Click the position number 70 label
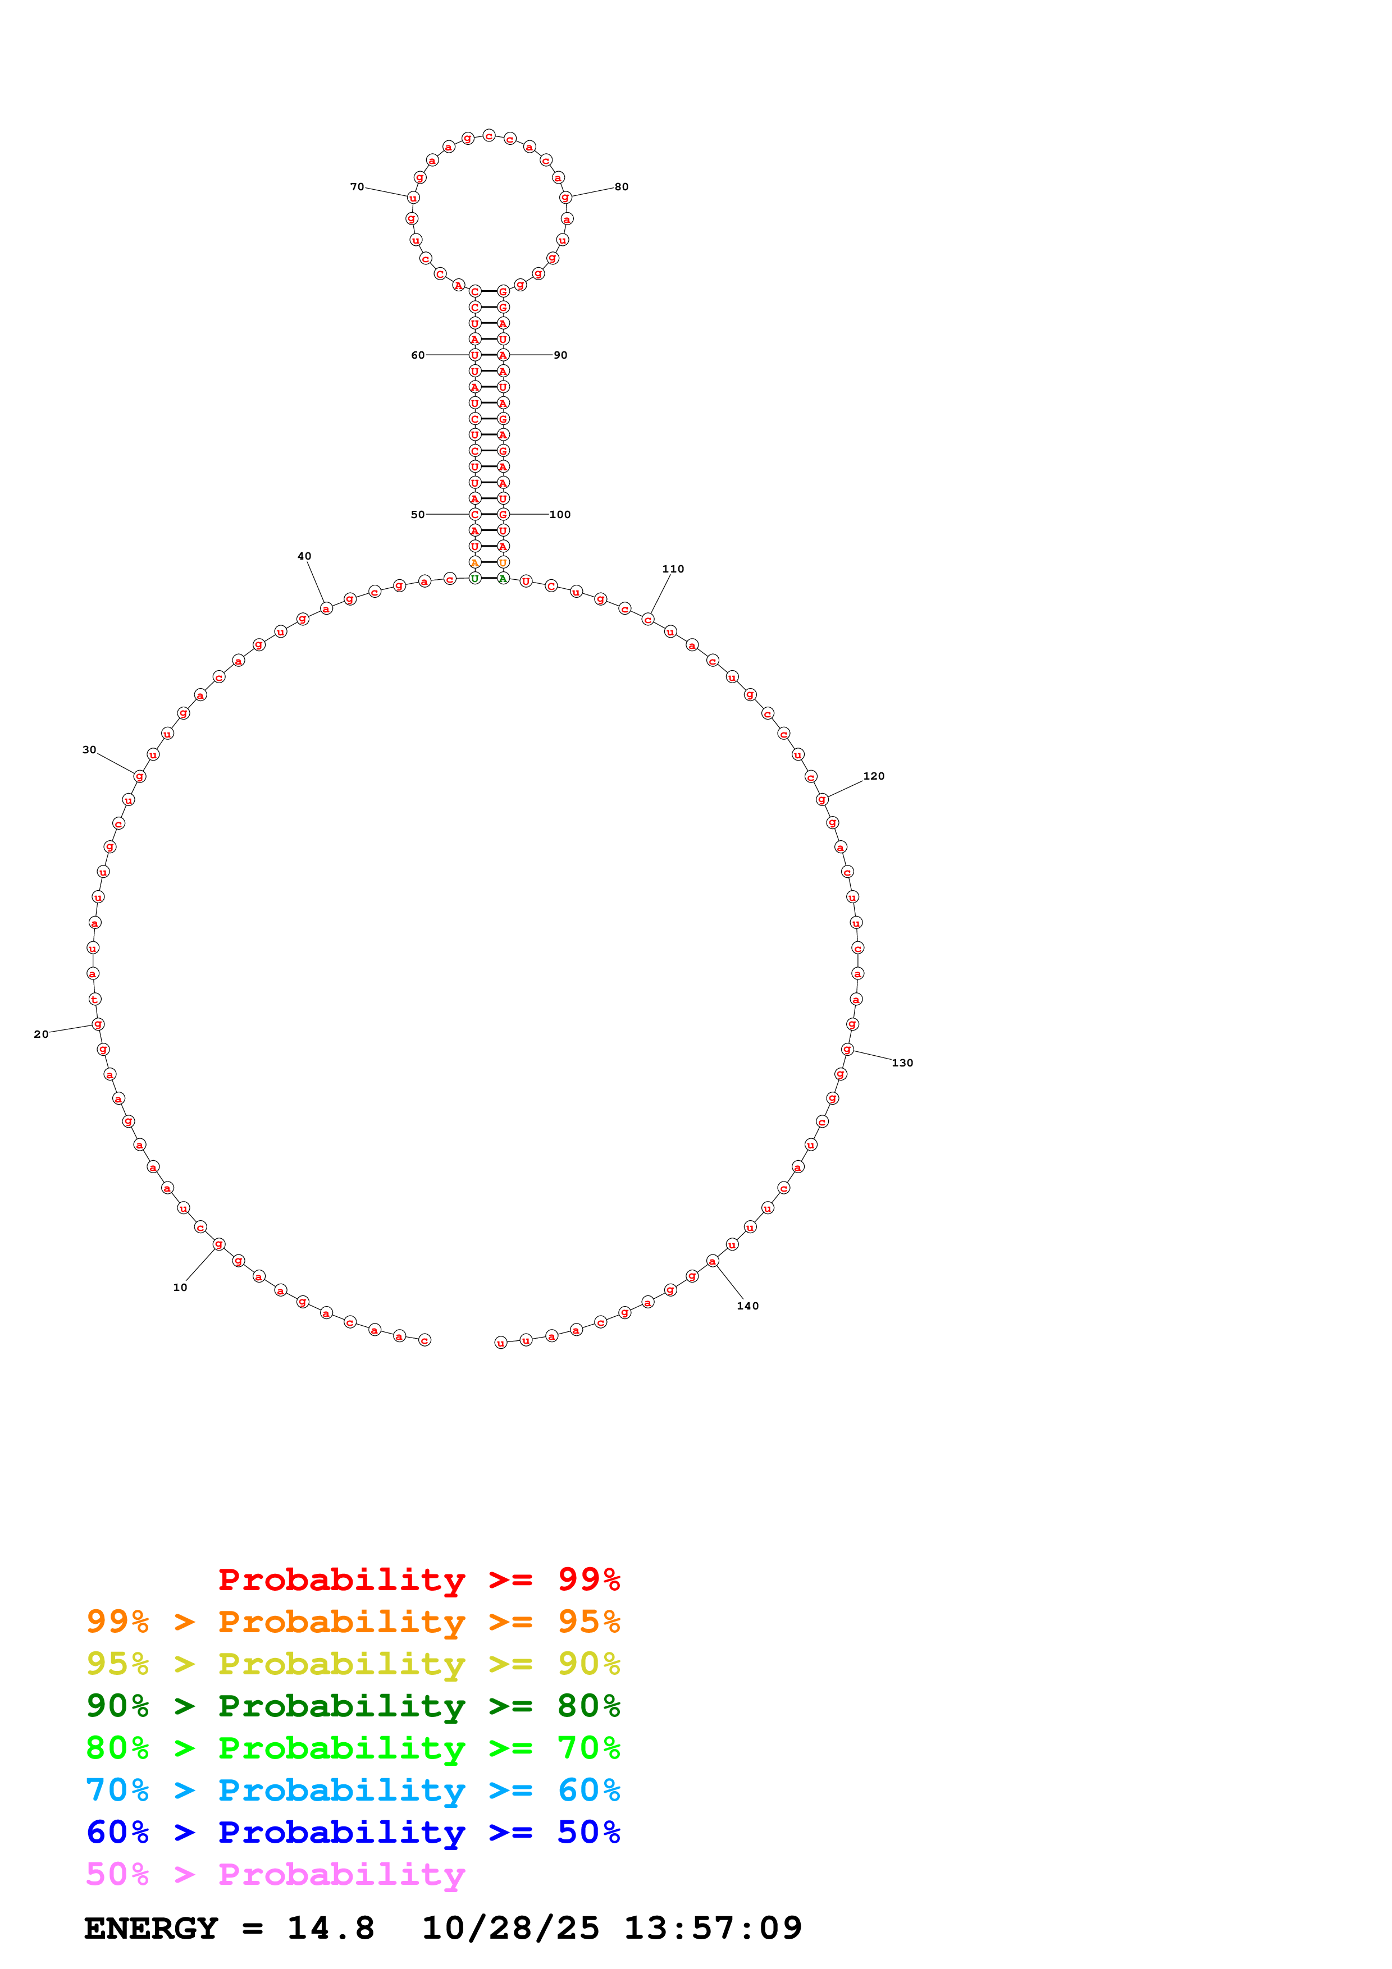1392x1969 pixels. tap(357, 187)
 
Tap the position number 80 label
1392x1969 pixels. tap(621, 187)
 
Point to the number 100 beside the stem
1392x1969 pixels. tap(559, 515)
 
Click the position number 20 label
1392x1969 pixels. tap(41, 1034)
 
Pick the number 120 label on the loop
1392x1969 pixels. tap(873, 776)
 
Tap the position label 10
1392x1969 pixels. tap(180, 1287)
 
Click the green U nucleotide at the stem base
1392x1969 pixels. tap(475, 579)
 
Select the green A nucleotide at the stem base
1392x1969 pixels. tap(504, 579)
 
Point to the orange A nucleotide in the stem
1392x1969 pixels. tap(475, 562)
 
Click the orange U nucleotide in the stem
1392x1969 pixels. tap(504, 562)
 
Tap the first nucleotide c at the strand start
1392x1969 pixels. tap(425, 1340)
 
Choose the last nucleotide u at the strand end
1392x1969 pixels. tap(501, 1343)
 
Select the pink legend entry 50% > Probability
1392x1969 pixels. tap(275, 1875)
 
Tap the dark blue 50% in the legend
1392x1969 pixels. tap(588, 1833)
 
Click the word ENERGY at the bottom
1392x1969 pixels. tap(151, 1929)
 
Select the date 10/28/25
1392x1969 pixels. tap(510, 1929)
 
